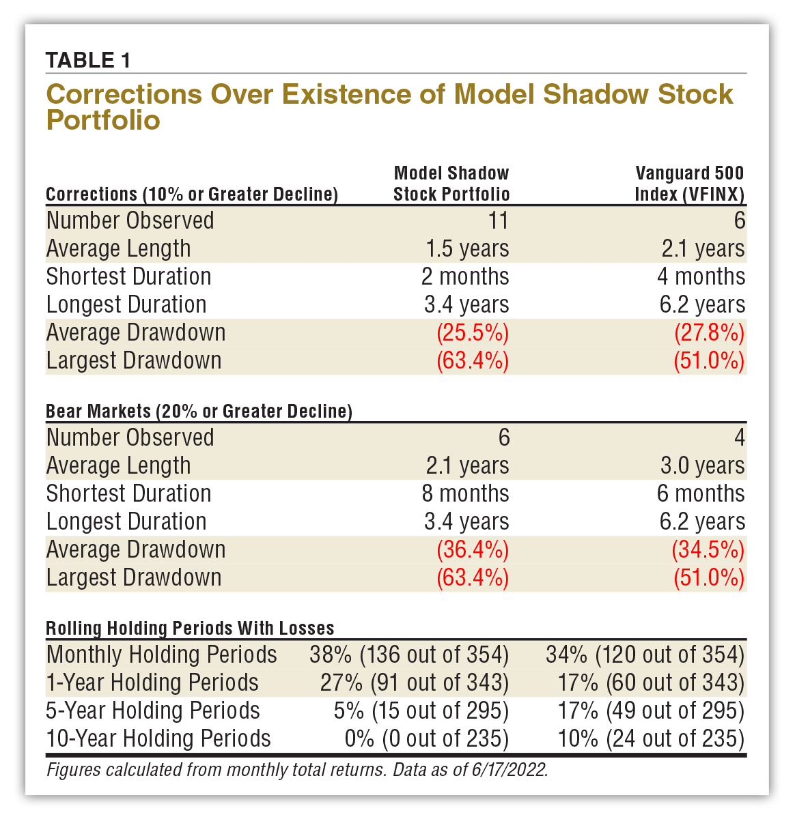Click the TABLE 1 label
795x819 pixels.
click(x=87, y=60)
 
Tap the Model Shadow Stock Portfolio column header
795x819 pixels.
click(x=451, y=184)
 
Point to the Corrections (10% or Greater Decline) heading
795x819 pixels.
click(x=192, y=195)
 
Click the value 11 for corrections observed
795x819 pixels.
click(x=499, y=220)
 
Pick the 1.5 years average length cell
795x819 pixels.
click(x=467, y=248)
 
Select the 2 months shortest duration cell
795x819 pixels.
click(x=465, y=276)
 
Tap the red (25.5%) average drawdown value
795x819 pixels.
click(x=473, y=332)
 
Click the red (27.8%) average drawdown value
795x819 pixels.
click(x=709, y=332)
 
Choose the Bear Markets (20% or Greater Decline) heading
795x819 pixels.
click(x=199, y=412)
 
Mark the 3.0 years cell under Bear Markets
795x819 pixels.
click(x=702, y=465)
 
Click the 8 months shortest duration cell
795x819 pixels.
click(x=465, y=493)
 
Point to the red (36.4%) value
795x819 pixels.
click(x=473, y=549)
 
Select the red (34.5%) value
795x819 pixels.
click(x=709, y=549)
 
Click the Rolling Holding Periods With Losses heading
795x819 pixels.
click(x=190, y=628)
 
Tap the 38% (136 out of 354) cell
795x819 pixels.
click(x=409, y=655)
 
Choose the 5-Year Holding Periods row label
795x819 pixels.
click(x=153, y=710)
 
